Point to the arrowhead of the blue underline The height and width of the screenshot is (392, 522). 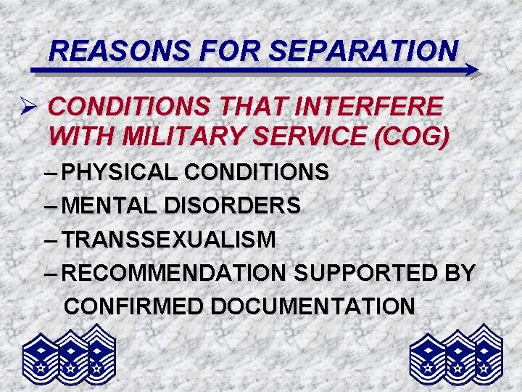click(x=472, y=70)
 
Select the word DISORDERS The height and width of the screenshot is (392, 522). click(x=233, y=206)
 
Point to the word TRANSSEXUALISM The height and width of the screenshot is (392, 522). click(x=169, y=240)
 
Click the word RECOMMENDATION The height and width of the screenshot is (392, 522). click(x=175, y=273)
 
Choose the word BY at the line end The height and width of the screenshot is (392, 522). click(x=459, y=273)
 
